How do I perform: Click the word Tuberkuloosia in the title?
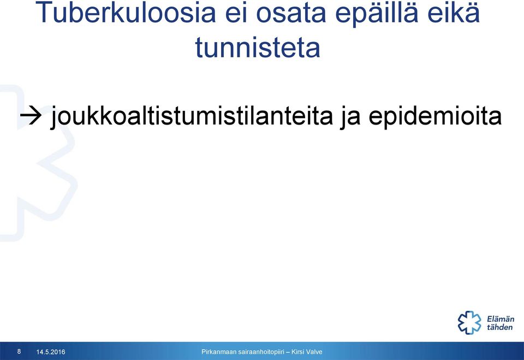tap(126, 12)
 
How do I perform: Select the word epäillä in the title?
tap(377, 13)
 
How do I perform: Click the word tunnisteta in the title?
tap(258, 47)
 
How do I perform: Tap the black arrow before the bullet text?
tap(31, 116)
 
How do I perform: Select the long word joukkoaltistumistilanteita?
tap(192, 116)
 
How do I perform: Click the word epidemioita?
tap(435, 116)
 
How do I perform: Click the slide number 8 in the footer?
tap(19, 351)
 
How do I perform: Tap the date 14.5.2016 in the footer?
tap(51, 352)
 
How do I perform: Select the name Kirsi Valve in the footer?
tap(307, 352)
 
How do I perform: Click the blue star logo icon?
tap(469, 322)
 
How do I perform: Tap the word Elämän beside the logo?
tap(501, 318)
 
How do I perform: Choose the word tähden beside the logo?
tap(499, 327)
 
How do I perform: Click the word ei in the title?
tap(236, 13)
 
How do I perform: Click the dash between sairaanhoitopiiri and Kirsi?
tap(288, 352)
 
